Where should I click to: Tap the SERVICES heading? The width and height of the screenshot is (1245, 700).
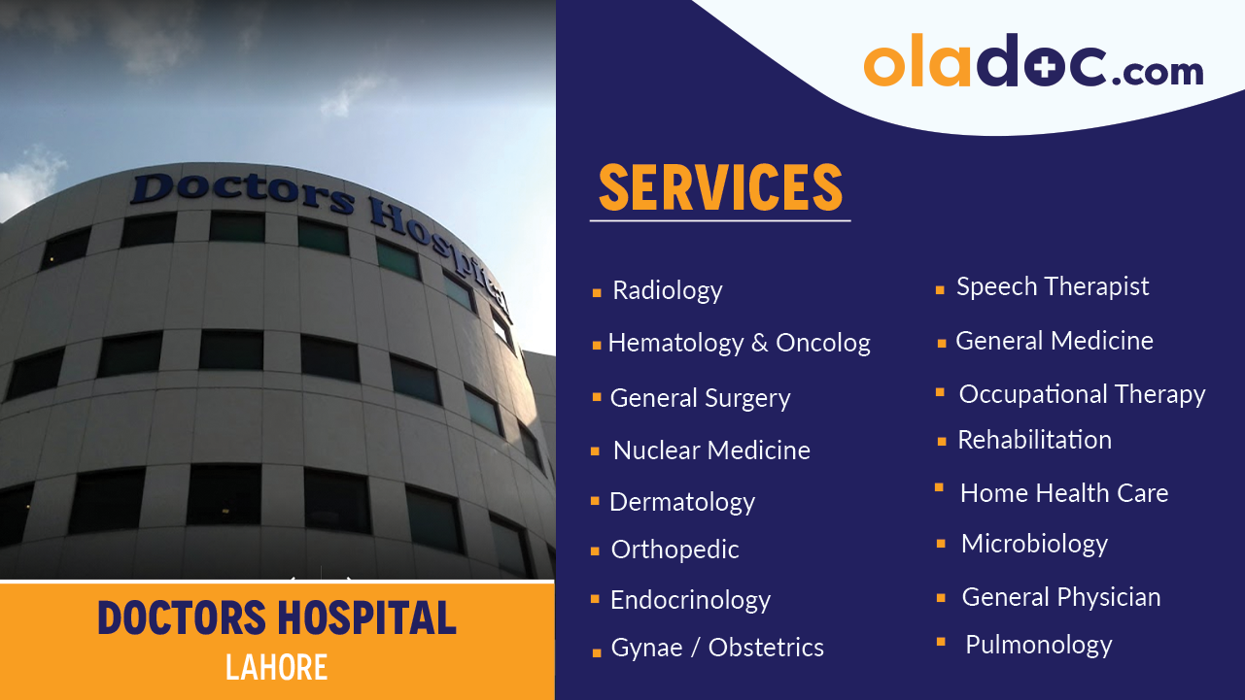tap(719, 187)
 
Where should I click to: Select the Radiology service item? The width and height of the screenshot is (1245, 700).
tap(667, 290)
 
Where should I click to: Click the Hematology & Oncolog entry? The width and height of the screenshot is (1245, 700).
tap(739, 343)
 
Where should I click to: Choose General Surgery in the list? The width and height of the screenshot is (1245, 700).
tap(700, 398)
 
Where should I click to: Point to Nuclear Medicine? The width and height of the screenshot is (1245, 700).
tap(711, 450)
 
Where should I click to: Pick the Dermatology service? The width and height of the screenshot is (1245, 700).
tap(681, 502)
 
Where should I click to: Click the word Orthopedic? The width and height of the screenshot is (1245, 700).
tap(674, 550)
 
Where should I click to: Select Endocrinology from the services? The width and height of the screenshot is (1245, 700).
tap(690, 600)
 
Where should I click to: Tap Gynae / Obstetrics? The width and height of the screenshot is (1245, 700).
tap(717, 648)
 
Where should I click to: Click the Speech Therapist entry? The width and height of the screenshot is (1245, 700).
tap(1053, 286)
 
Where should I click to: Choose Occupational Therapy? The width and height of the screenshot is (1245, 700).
tap(1082, 394)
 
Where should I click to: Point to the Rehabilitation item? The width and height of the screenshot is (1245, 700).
tap(1034, 440)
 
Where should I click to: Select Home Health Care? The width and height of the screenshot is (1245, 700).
tap(1064, 493)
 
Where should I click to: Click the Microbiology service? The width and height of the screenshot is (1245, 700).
tap(1034, 544)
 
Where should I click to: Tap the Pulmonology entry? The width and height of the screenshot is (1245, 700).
tap(1038, 645)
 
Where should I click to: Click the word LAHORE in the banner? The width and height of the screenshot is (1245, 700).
tap(276, 667)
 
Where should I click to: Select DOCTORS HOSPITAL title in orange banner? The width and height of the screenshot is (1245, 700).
tap(277, 618)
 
